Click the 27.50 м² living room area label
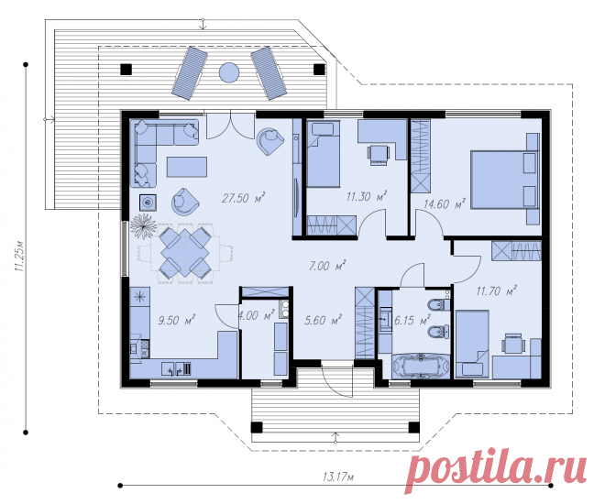pos(244,198)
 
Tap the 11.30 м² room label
pos(367,197)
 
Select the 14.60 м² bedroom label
pos(444,204)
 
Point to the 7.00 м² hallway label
pos(327,266)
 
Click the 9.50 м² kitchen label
pos(177,320)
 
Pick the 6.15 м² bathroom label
pos(412,320)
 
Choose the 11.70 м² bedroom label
pos(497,290)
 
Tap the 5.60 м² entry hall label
pos(323,320)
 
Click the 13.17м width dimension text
pos(338,477)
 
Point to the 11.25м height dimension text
pos(19,257)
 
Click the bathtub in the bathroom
pos(421,367)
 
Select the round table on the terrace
pos(229,72)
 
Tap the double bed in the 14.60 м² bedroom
pos(504,180)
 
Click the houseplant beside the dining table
pos(144,226)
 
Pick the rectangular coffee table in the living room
pos(187,167)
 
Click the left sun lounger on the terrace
pos(191,73)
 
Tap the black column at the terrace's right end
pos(319,70)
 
